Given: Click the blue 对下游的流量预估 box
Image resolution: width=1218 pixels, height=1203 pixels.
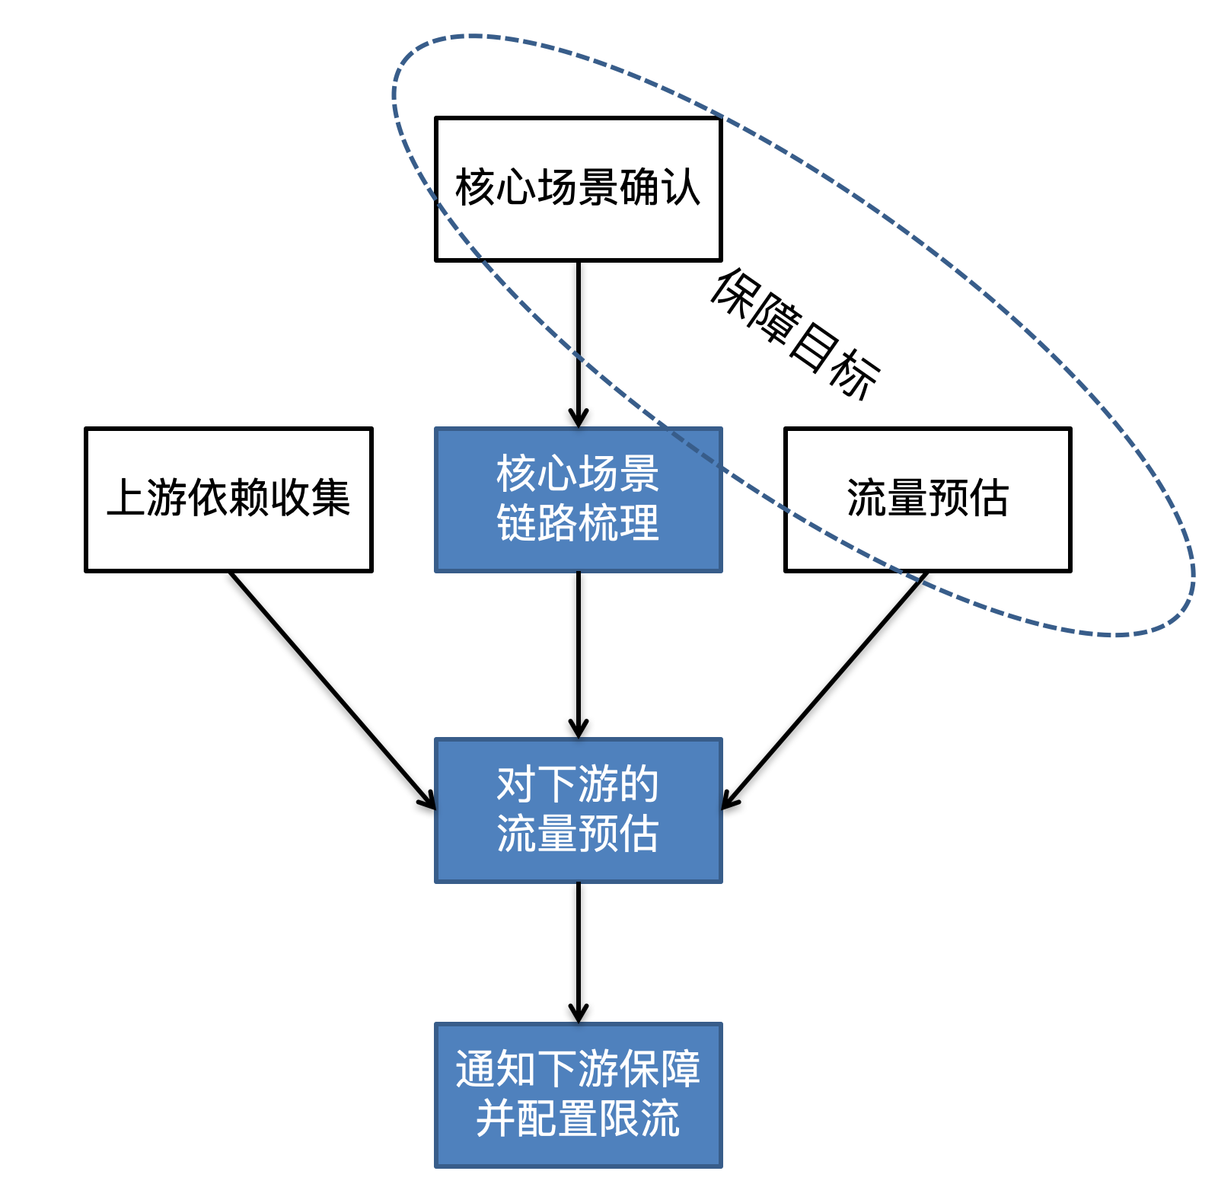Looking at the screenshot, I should coord(578,809).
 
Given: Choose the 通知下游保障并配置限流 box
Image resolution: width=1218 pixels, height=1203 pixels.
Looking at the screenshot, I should coord(578,1094).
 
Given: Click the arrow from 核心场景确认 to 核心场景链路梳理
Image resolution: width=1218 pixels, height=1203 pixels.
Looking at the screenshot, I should coord(578,343).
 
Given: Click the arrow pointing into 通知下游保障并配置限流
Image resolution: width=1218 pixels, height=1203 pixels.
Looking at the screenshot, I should coord(578,952).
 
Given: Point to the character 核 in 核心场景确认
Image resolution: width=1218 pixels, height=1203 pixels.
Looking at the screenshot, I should coord(476,187).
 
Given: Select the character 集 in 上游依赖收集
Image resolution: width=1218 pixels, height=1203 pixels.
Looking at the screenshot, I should coord(330,498).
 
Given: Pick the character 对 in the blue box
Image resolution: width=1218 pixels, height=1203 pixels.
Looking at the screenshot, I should coord(516,784).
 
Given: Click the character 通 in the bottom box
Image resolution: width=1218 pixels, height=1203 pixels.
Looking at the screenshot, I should coord(476,1069).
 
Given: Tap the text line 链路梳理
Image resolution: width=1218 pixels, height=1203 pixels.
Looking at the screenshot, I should coord(578,524).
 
